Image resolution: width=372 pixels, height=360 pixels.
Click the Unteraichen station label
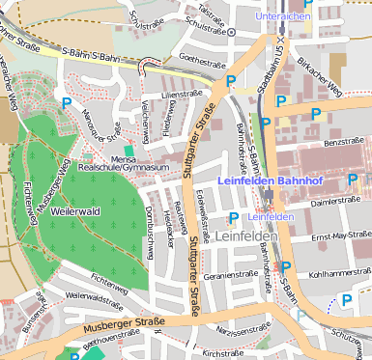pyautogui.click(x=283, y=16)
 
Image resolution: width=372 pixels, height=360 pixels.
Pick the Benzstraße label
pyautogui.click(x=343, y=141)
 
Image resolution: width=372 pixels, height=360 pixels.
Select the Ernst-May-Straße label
pyautogui.click(x=341, y=235)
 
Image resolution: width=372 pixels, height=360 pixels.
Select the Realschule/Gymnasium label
pyautogui.click(x=123, y=168)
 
